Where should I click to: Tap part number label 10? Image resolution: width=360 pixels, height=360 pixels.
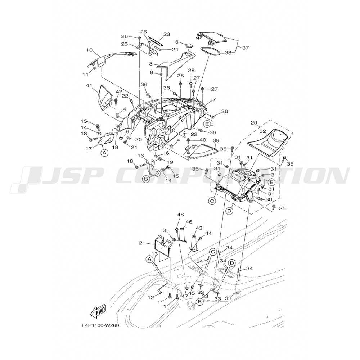89,50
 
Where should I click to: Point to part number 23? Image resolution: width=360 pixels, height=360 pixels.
167,35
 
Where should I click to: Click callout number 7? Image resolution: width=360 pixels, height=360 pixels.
214,100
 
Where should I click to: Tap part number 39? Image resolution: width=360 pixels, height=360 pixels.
216,140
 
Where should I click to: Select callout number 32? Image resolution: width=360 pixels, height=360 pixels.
263,131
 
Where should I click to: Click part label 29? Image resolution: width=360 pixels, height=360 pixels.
254,123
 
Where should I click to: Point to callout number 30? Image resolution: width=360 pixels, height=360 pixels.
269,199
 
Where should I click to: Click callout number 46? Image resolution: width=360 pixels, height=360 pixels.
189,222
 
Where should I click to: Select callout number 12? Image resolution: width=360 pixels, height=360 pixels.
150,298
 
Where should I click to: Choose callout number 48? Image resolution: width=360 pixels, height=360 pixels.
180,215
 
